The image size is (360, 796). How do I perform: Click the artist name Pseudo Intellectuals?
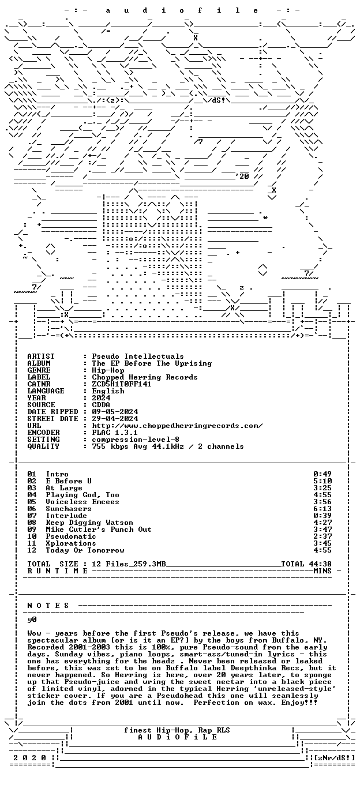(x=138, y=356)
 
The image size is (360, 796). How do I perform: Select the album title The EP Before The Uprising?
(x=152, y=363)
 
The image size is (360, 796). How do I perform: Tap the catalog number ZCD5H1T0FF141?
(x=122, y=384)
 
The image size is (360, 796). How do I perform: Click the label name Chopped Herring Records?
(x=145, y=377)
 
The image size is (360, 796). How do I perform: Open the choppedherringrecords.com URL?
(x=177, y=426)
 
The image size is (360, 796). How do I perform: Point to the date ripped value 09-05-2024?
(x=115, y=412)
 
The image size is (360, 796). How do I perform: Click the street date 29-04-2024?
(x=115, y=419)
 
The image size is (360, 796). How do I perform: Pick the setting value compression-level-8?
(x=136, y=440)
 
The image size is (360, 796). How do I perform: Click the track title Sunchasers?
(x=69, y=509)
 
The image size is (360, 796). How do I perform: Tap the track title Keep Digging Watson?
(x=89, y=523)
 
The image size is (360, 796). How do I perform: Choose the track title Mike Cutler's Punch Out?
(x=99, y=530)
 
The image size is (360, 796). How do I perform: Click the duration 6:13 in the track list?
(x=322, y=509)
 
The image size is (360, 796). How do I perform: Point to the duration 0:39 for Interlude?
(x=322, y=516)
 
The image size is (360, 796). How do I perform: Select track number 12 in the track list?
(x=32, y=550)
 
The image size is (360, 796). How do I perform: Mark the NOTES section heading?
(x=48, y=606)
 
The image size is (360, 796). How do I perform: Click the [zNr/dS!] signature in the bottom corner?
(x=335, y=758)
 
